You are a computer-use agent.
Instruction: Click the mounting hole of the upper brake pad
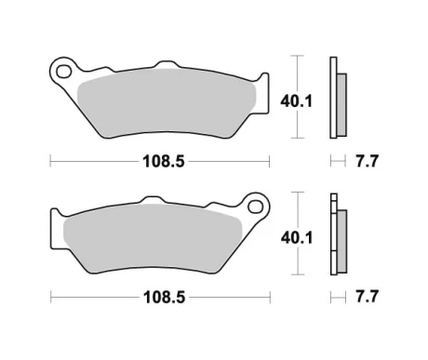(63, 70)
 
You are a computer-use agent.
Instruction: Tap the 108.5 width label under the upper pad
(160, 161)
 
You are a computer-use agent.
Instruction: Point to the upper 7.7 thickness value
(367, 161)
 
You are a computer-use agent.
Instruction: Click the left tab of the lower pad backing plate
(55, 227)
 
